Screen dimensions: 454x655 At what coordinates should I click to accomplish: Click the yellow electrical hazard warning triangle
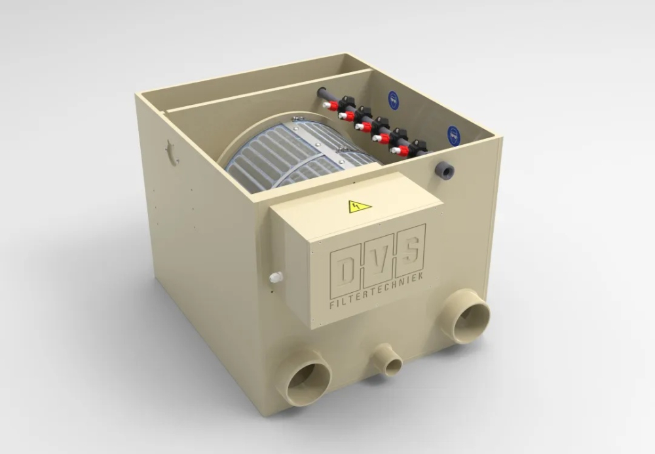click(359, 208)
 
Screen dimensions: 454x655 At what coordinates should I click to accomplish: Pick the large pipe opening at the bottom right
click(468, 317)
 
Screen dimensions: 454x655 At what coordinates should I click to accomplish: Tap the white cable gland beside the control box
click(274, 277)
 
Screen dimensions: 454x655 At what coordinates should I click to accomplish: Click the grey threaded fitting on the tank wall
click(445, 168)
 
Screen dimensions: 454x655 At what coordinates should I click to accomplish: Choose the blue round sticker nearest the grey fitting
click(454, 134)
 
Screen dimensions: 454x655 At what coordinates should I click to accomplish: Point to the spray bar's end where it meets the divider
click(322, 94)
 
